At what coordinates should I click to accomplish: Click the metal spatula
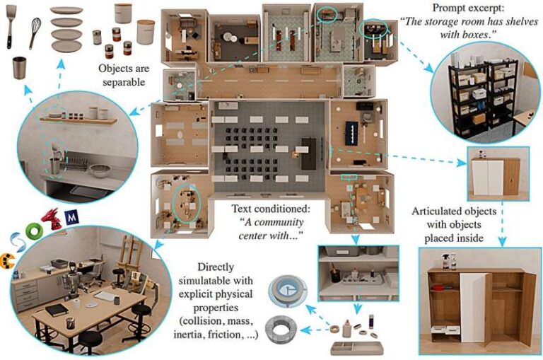pyautogui.click(x=11, y=26)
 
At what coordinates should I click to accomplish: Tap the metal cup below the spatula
pyautogui.click(x=19, y=68)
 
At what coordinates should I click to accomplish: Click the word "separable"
pyautogui.click(x=124, y=82)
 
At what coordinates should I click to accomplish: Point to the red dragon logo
pyautogui.click(x=51, y=219)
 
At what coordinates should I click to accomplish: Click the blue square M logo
pyautogui.click(x=71, y=217)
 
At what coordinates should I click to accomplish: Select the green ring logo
pyautogui.click(x=34, y=231)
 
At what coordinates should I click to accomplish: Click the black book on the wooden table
pyautogui.click(x=57, y=310)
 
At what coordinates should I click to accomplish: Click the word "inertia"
pyautogui.click(x=190, y=335)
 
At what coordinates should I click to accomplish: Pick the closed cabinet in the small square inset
pyautogui.click(x=496, y=176)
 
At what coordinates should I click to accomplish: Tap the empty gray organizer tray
pyautogui.click(x=356, y=348)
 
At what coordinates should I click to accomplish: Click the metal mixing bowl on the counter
pyautogui.click(x=100, y=170)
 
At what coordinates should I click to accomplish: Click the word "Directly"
pyautogui.click(x=216, y=267)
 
